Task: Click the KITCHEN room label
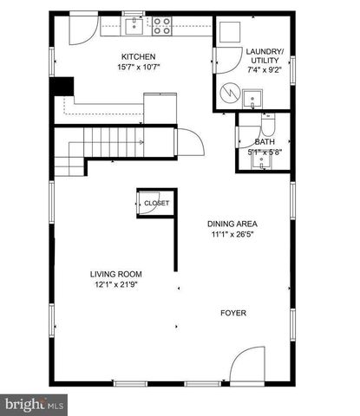point(137,57)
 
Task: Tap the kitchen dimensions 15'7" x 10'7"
point(137,68)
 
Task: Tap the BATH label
point(265,141)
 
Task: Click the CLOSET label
point(157,203)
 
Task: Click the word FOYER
point(232,312)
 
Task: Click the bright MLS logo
point(35,405)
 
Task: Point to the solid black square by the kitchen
point(62,88)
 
